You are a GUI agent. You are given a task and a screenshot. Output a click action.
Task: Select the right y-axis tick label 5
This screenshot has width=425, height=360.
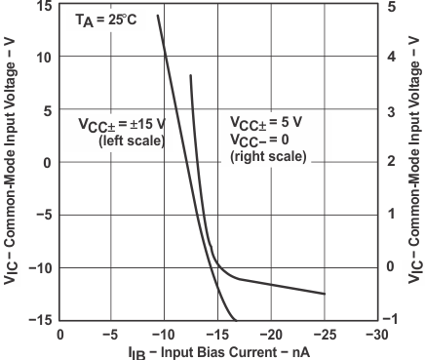(x=391, y=6)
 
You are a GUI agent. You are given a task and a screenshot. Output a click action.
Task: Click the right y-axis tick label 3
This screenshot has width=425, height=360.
(x=391, y=111)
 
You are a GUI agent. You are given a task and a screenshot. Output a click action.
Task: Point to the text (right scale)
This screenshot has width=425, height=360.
(x=268, y=155)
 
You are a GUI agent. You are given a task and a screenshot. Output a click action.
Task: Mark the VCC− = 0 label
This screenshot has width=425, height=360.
(x=264, y=139)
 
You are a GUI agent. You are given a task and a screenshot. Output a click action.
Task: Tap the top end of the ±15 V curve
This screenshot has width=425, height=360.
(x=158, y=16)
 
